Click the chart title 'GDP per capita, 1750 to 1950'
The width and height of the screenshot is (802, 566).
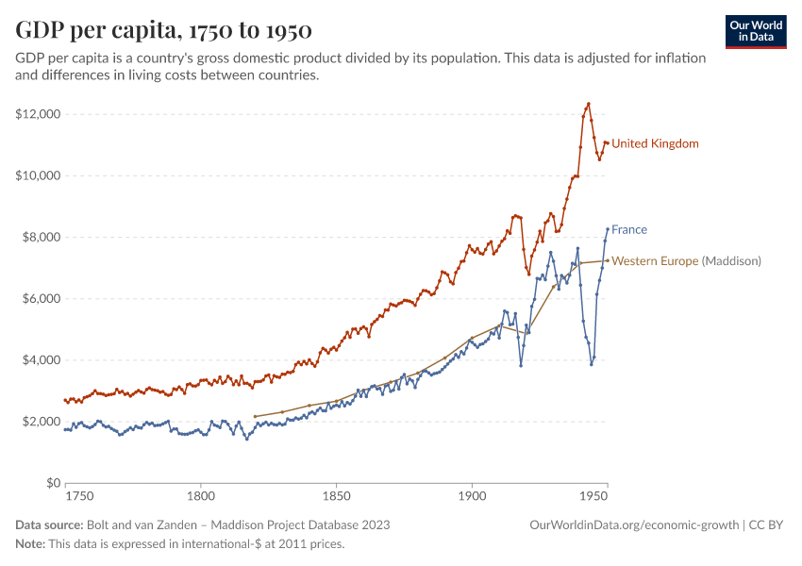pos(164,30)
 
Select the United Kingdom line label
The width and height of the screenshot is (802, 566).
pos(655,143)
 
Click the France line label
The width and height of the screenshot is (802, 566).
pos(629,229)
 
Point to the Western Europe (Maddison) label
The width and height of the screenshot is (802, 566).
pos(686,261)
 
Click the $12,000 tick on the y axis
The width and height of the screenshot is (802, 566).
pos(38,114)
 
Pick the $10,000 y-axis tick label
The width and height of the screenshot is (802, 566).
pos(38,175)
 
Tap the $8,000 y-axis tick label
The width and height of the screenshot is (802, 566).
pos(41,237)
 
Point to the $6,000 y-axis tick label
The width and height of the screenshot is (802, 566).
pos(41,298)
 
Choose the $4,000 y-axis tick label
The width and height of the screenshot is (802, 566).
pos(41,360)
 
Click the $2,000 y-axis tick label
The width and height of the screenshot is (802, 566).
pos(41,422)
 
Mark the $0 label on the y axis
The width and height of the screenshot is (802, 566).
pos(52,483)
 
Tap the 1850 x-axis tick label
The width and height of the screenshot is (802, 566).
pos(335,495)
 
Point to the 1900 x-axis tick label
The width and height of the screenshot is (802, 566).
pos(471,495)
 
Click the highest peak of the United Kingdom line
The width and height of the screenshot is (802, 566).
pos(588,104)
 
